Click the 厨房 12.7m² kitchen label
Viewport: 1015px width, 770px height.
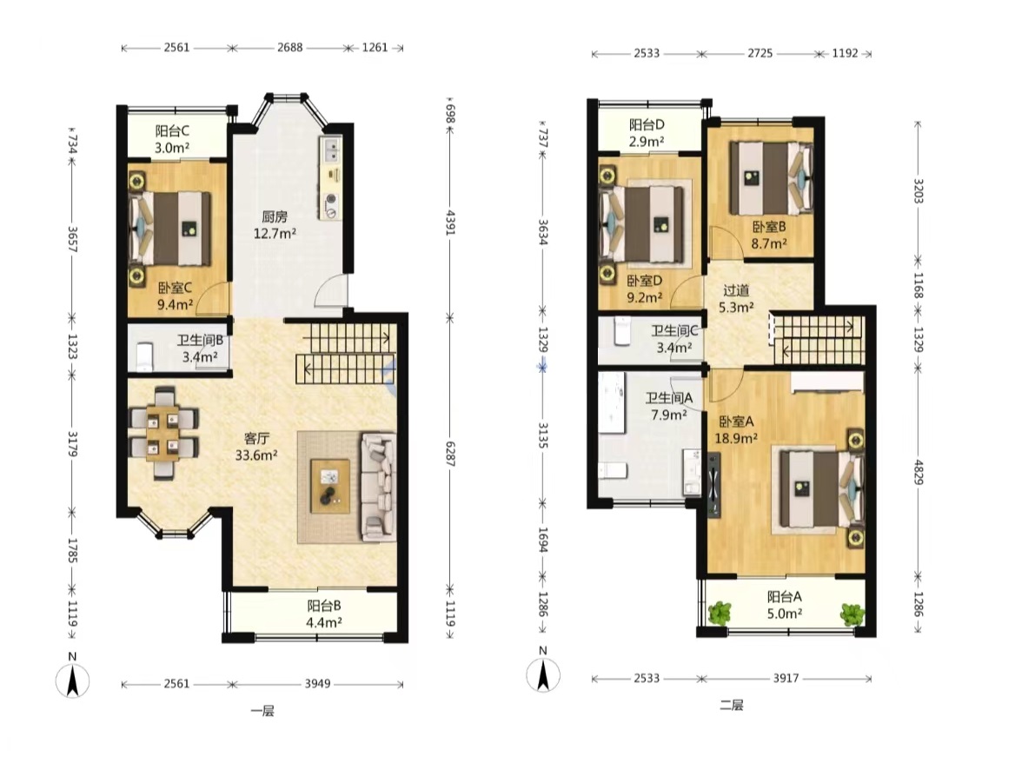(x=275, y=225)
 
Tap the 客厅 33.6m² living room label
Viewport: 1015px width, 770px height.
(x=256, y=447)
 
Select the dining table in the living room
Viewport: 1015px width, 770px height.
(x=163, y=433)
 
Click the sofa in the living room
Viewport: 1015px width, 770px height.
(x=378, y=487)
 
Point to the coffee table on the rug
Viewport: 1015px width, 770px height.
(x=330, y=486)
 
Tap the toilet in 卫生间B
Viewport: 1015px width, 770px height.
(x=144, y=357)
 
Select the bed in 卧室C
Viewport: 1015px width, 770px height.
(x=172, y=229)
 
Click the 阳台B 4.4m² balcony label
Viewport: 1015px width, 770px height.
(x=324, y=614)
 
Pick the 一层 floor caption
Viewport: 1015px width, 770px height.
(x=262, y=711)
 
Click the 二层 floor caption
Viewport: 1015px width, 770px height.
(x=732, y=705)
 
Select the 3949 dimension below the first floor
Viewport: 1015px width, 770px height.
(x=318, y=683)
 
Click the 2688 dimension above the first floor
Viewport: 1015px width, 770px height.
(x=290, y=47)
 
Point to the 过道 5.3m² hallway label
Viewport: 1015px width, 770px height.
(x=736, y=299)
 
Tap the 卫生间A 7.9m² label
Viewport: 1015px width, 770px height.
(x=668, y=406)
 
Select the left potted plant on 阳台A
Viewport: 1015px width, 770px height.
(x=720, y=613)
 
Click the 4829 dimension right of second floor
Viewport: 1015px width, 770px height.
(x=918, y=471)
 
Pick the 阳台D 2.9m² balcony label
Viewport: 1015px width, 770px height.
(x=647, y=133)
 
